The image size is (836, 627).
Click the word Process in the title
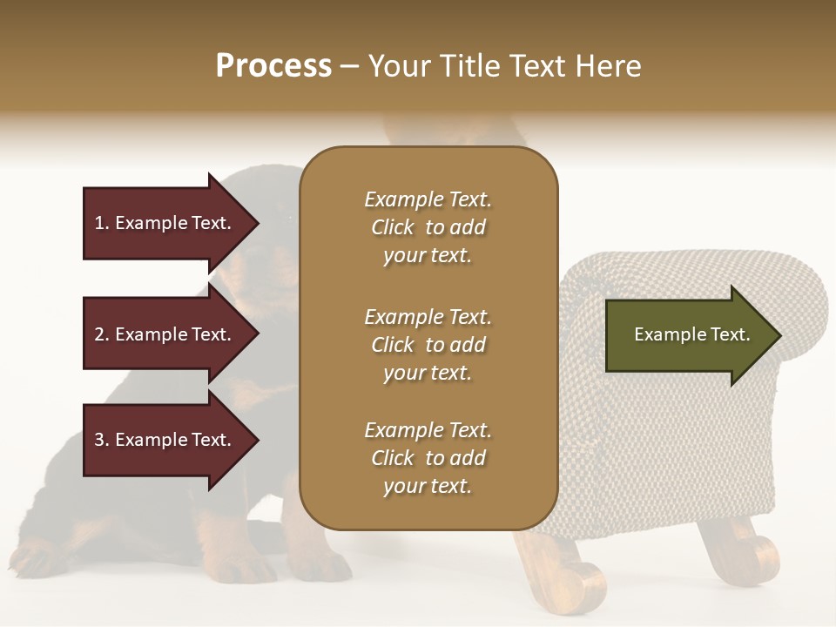click(273, 66)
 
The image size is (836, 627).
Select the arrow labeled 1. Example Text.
click(165, 223)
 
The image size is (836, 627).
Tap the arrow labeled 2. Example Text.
click(165, 334)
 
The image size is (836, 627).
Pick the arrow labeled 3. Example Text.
click(165, 440)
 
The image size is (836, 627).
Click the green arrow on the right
click(688, 334)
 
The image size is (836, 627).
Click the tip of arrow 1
click(256, 223)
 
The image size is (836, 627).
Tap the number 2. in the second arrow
click(102, 334)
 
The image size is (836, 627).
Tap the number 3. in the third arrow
click(102, 440)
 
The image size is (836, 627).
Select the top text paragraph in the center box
click(428, 227)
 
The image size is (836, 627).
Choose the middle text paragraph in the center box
click(428, 345)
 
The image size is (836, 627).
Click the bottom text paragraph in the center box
click(428, 458)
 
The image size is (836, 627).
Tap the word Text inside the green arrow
click(730, 334)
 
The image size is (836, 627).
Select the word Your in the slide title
click(401, 66)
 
